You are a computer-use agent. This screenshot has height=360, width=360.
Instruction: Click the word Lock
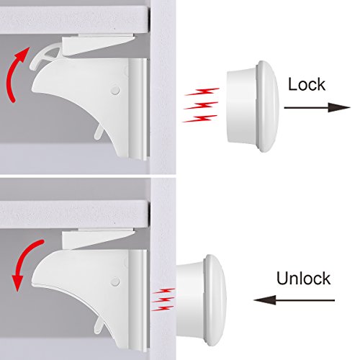(x=307, y=84)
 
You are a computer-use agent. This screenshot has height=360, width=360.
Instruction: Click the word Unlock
(x=303, y=278)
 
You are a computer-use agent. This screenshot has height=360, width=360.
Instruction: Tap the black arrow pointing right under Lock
(x=318, y=107)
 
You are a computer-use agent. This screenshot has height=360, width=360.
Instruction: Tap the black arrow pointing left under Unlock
(x=294, y=300)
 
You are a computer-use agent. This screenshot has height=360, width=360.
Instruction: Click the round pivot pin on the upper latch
(x=115, y=91)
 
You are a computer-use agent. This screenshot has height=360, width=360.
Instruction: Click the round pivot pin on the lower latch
(x=115, y=282)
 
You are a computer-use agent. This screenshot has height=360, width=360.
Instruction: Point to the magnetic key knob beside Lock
(x=253, y=107)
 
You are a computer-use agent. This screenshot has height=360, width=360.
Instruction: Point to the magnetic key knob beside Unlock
(x=201, y=300)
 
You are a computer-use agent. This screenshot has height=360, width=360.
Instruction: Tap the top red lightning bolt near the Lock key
(x=202, y=91)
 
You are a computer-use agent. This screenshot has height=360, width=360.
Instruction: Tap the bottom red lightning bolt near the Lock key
(x=200, y=119)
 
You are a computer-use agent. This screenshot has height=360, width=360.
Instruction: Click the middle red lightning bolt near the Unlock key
(x=163, y=300)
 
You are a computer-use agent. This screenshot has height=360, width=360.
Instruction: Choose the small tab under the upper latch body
(x=99, y=132)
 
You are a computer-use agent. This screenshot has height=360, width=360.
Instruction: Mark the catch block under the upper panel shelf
(x=98, y=45)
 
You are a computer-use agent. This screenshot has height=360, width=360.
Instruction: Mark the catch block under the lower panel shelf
(x=98, y=239)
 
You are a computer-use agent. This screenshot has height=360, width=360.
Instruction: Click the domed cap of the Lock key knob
(x=268, y=107)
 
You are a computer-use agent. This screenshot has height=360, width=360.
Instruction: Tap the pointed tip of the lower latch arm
(x=32, y=283)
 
